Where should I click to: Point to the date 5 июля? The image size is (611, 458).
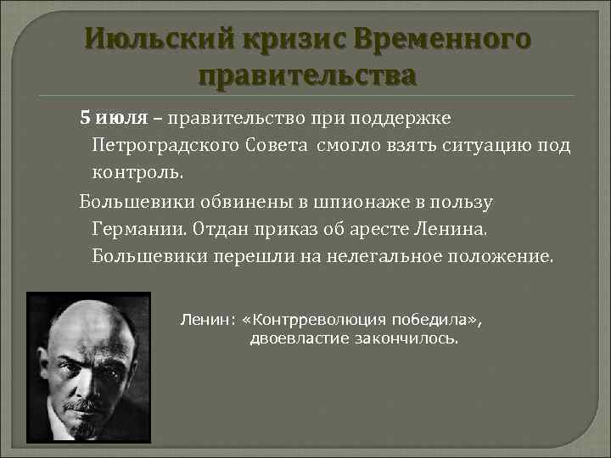(x=115, y=117)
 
